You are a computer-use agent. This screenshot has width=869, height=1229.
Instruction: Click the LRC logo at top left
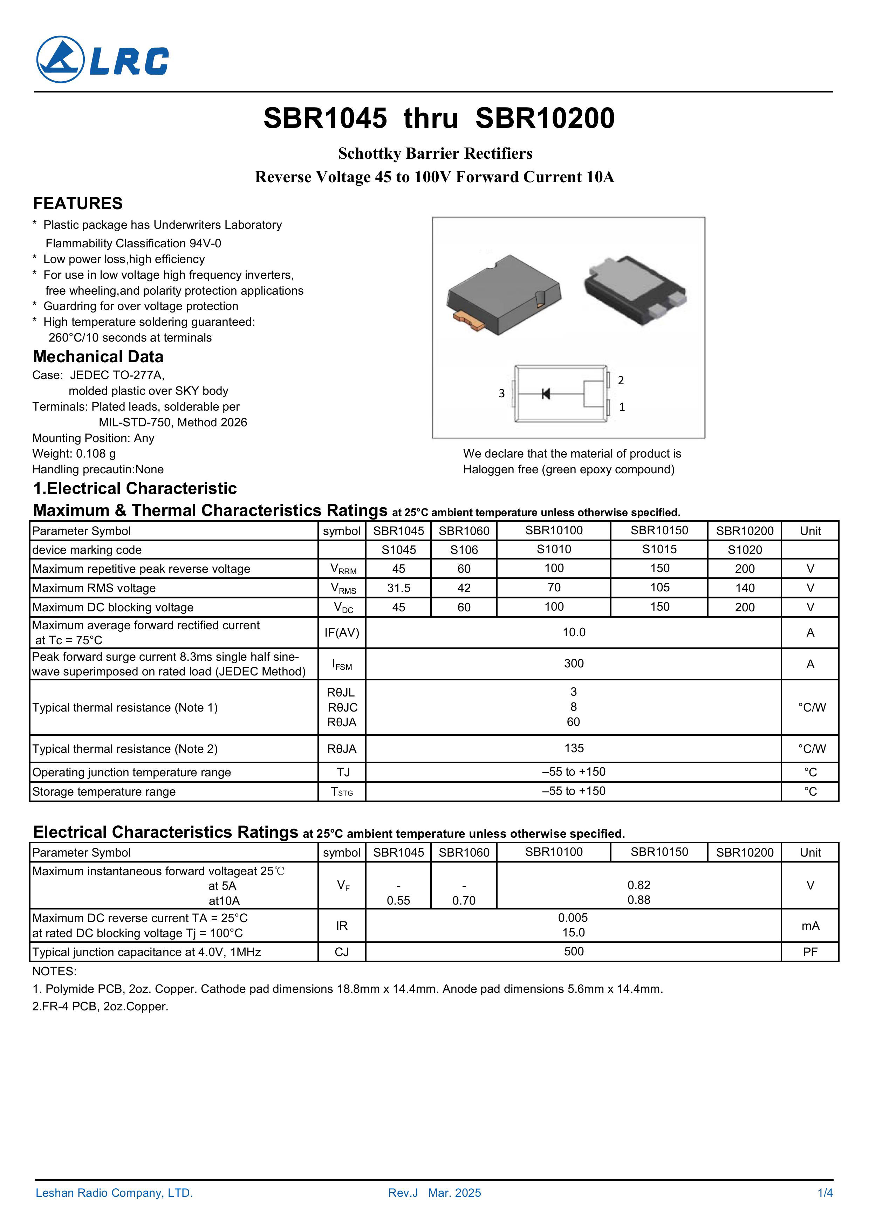point(102,60)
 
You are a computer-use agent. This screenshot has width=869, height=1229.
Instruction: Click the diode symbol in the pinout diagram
point(546,394)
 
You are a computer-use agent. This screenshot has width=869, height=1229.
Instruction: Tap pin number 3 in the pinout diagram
point(502,393)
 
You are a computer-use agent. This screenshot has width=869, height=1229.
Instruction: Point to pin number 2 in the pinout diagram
point(621,380)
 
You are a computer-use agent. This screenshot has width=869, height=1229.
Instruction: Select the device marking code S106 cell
point(464,550)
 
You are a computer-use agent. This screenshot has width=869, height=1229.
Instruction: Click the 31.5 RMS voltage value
point(398,588)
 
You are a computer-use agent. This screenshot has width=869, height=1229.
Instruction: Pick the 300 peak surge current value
point(574,664)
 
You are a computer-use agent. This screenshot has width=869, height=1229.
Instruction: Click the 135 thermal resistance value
point(574,748)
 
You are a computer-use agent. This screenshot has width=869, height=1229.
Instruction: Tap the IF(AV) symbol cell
point(342,633)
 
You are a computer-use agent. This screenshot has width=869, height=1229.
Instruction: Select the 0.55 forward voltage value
point(398,900)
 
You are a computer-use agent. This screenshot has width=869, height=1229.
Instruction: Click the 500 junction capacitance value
point(574,951)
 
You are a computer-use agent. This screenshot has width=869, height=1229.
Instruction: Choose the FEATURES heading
point(78,204)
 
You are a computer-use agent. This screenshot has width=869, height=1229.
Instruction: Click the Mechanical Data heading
point(98,357)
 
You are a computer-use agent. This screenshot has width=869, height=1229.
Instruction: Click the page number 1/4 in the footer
point(824,1193)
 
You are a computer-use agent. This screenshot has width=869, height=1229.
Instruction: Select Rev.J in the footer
point(403,1193)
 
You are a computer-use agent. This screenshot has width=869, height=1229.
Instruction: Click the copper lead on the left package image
point(468,320)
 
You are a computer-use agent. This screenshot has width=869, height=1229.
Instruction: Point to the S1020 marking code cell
point(744,550)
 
